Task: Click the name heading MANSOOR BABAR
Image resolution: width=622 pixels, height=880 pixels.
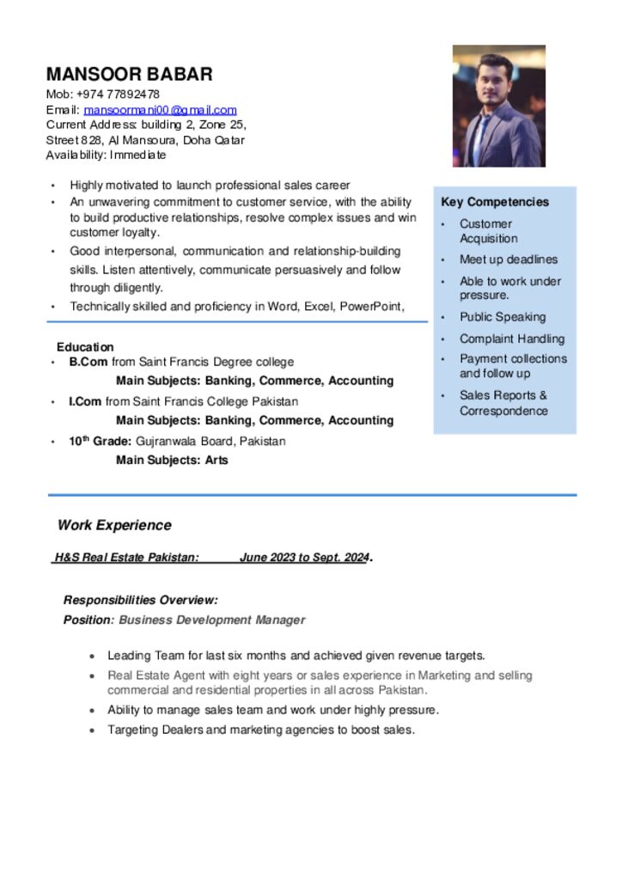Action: click(129, 74)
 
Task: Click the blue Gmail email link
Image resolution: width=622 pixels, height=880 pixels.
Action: click(160, 110)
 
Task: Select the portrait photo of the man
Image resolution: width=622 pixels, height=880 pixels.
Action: click(498, 106)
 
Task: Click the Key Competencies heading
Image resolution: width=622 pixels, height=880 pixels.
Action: click(494, 202)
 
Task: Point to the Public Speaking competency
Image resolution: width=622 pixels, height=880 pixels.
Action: click(502, 316)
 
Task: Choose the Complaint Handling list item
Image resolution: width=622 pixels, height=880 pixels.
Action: click(511, 339)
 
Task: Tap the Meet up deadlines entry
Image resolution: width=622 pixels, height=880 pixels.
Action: click(508, 260)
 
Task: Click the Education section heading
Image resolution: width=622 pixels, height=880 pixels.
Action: click(85, 347)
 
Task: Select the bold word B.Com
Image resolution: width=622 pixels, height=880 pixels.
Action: click(88, 362)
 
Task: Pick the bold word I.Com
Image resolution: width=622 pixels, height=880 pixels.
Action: click(86, 401)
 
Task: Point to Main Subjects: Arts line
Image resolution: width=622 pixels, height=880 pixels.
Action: click(172, 460)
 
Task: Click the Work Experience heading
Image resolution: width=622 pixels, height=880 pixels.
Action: click(114, 525)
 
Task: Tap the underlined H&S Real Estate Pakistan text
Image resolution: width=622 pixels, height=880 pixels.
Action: click(127, 558)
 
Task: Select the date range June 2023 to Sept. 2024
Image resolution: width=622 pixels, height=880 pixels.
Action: click(304, 558)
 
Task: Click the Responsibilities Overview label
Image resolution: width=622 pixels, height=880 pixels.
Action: click(140, 600)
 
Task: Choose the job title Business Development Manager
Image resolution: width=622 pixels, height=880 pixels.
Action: click(211, 620)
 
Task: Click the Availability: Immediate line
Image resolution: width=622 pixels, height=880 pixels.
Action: click(106, 156)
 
